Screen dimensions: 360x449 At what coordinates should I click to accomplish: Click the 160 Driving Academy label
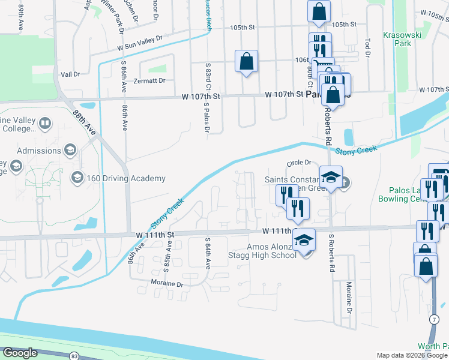[125, 178]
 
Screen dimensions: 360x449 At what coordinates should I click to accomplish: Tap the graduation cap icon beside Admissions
[71, 150]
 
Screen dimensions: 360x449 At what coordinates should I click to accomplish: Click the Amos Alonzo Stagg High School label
[272, 251]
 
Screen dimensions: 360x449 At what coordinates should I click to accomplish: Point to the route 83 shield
[74, 355]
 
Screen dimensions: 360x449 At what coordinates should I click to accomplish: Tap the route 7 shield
[433, 319]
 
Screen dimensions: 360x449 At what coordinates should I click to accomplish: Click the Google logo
[19, 353]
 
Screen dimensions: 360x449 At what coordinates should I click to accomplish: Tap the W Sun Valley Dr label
[140, 43]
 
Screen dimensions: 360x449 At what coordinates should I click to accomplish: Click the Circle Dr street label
[299, 163]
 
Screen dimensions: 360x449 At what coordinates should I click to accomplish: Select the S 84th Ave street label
[208, 254]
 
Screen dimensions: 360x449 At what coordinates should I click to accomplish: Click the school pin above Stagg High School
[304, 241]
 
